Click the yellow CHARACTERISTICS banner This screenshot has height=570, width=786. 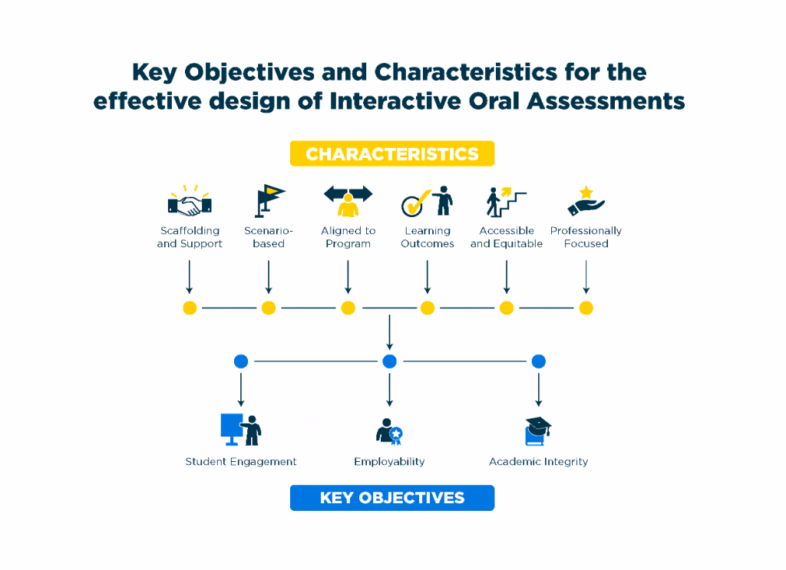391,154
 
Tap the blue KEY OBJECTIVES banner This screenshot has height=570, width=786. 391,498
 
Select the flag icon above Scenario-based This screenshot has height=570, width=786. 269,201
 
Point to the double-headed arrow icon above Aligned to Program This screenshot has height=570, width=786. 348,193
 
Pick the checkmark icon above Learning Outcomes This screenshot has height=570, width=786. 414,205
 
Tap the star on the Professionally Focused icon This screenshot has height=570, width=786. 586,192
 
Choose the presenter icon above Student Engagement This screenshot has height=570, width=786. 241,430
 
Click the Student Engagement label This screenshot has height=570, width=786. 241,462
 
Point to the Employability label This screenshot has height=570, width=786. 389,462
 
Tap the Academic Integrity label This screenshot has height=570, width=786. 538,462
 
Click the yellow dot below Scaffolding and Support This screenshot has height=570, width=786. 190,308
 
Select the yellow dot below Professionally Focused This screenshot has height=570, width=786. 586,308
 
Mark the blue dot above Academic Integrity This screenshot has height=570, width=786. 539,361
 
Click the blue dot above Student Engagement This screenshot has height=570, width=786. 241,361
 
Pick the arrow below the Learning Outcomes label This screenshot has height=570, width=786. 428,276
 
